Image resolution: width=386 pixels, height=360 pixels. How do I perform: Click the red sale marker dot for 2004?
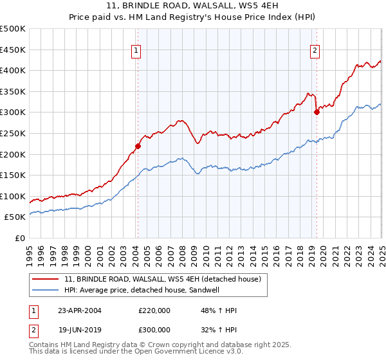138,145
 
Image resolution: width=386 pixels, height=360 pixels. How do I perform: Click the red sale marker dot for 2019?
317,112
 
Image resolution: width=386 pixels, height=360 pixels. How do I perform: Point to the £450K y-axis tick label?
13,50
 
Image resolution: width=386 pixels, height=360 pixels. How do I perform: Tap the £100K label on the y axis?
13,196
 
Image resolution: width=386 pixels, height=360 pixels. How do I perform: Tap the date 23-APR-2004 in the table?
80,310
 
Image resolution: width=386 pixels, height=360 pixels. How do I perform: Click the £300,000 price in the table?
154,329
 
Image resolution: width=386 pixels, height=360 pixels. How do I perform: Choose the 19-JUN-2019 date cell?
80,329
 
